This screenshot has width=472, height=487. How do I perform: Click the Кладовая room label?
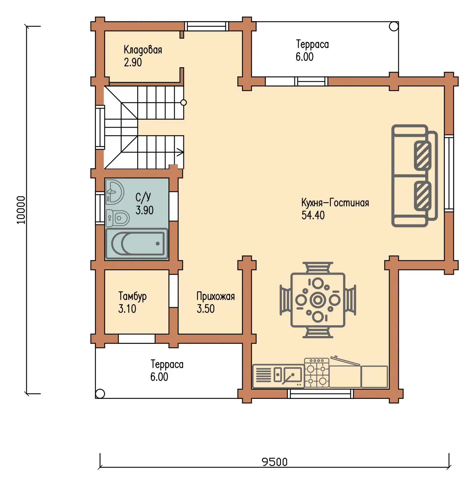pyautogui.click(x=143, y=50)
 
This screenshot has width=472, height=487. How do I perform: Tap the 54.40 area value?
pyautogui.click(x=313, y=215)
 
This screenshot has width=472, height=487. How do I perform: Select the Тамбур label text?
pyautogui.click(x=132, y=296)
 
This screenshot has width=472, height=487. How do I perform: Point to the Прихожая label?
pyautogui.click(x=215, y=296)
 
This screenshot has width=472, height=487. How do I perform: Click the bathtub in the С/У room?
pyautogui.click(x=137, y=244)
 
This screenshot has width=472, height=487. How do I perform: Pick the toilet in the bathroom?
pyautogui.click(x=118, y=218)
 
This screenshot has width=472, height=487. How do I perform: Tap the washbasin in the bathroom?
pyautogui.click(x=115, y=192)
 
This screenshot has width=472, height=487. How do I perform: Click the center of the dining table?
pyautogui.click(x=318, y=300)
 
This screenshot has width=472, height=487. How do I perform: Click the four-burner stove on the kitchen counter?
pyautogui.click(x=317, y=373)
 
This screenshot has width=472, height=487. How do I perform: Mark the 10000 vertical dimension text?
pyautogui.click(x=21, y=210)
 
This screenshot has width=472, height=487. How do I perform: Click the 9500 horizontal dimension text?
pyautogui.click(x=274, y=462)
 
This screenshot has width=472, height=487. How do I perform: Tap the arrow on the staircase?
pyautogui.click(x=180, y=152)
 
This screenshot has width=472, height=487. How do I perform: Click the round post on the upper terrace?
pyautogui.click(x=393, y=26)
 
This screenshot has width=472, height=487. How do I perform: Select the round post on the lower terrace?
pyautogui.click(x=100, y=394)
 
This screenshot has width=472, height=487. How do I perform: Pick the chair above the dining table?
pyautogui.click(x=318, y=267)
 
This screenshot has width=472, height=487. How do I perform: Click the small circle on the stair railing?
pyautogui.click(x=184, y=103)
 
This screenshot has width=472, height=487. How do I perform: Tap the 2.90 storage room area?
pyautogui.click(x=133, y=63)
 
